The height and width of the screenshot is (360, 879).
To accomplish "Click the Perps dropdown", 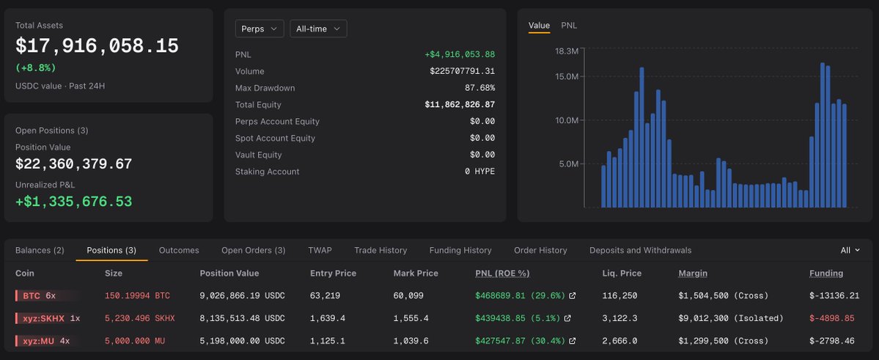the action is (x=260, y=29).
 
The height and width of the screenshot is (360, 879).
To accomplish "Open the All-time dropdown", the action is (x=318, y=29).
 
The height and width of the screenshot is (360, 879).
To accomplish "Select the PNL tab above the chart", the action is (x=569, y=25).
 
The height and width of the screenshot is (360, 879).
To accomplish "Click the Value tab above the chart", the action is (x=540, y=25).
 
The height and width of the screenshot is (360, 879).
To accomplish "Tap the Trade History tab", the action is (x=380, y=250).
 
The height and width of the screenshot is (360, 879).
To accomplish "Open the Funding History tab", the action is (x=460, y=250).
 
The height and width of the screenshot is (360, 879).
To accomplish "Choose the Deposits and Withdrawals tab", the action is (x=640, y=250).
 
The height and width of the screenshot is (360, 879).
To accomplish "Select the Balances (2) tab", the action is (x=40, y=250).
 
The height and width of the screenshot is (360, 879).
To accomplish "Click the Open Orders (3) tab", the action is (x=254, y=250).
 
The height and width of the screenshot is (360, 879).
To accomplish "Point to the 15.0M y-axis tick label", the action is (x=566, y=76).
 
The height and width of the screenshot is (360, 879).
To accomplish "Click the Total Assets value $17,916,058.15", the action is (x=97, y=46).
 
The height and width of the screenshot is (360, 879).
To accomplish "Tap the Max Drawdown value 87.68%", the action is (x=480, y=88).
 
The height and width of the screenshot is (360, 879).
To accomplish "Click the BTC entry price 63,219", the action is (x=326, y=295).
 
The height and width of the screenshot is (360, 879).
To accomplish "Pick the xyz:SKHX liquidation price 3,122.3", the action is (x=618, y=318).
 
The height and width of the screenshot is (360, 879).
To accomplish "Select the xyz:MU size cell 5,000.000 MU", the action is (x=135, y=340).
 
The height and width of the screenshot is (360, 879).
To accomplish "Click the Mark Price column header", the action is (x=416, y=273).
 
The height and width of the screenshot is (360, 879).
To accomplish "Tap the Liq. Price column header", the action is (x=622, y=273).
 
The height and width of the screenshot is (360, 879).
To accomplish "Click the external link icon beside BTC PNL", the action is (x=573, y=295).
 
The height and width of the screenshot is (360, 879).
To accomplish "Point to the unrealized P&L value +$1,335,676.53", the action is (x=73, y=202).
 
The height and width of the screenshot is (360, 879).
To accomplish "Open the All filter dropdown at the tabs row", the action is (x=850, y=250).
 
